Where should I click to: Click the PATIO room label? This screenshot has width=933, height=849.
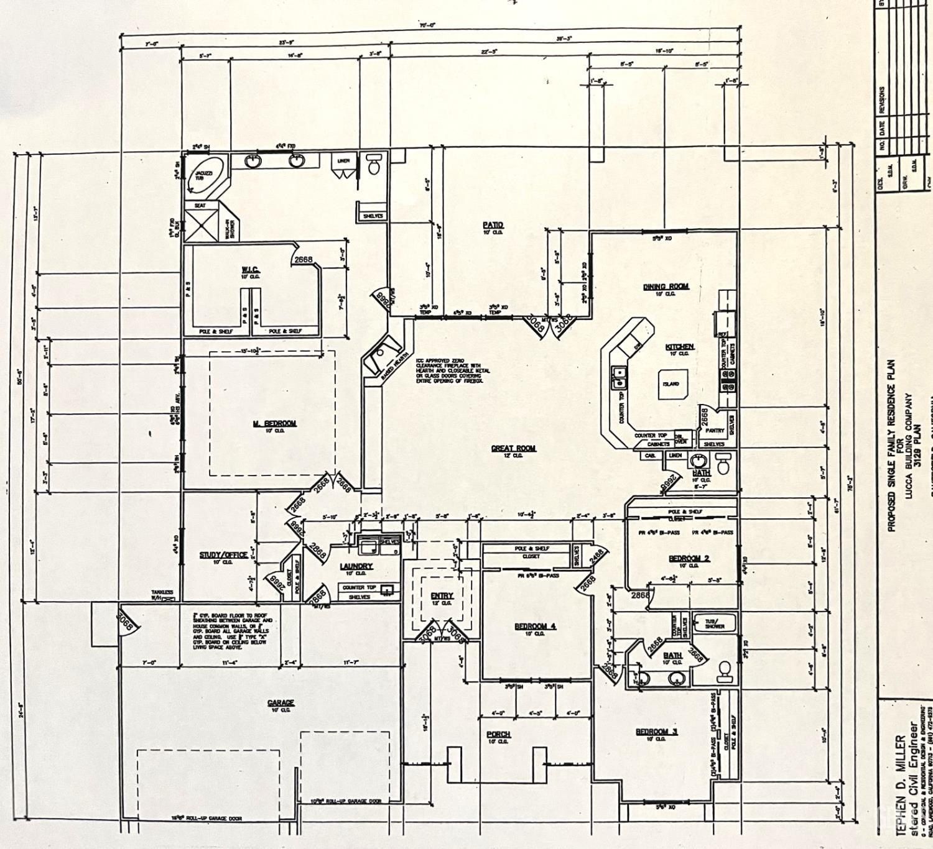[x=493, y=224]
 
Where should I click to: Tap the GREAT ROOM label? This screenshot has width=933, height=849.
[x=513, y=447]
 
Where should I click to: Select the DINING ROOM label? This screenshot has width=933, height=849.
[x=666, y=287]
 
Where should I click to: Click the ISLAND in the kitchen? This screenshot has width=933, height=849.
[x=671, y=384]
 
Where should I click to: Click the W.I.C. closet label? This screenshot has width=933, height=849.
[x=250, y=270]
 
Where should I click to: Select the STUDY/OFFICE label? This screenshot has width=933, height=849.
[x=223, y=555]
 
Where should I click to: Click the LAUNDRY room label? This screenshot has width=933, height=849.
[x=356, y=566]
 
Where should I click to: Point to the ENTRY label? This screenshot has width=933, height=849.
[x=442, y=595]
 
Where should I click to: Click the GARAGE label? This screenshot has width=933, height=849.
[x=281, y=702]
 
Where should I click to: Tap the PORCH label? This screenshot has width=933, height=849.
[x=498, y=734]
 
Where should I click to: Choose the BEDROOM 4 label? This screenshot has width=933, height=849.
[x=535, y=626]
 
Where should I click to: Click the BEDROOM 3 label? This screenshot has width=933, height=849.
[x=656, y=732]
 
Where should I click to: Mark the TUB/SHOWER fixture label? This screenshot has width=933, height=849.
[x=715, y=623]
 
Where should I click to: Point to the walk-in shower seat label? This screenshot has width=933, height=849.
[x=200, y=206]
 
